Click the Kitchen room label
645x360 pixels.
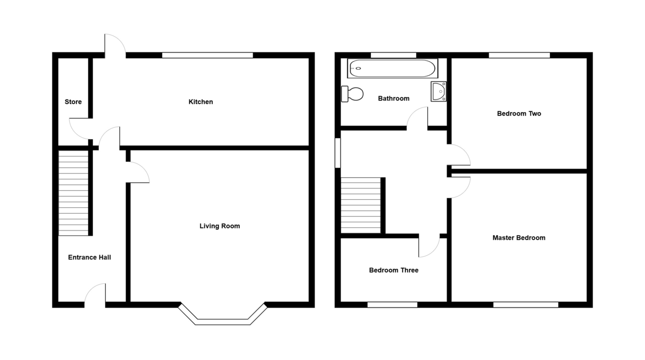[x=200, y=102]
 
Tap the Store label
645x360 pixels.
[x=73, y=102]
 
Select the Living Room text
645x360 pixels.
[x=220, y=226]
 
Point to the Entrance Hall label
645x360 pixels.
[x=90, y=257]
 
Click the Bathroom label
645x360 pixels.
[x=393, y=98]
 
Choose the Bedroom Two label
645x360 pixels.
[x=519, y=113]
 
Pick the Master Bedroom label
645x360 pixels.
[x=519, y=237]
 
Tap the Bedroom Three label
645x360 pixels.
[x=393, y=270]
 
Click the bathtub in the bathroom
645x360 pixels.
[x=392, y=68]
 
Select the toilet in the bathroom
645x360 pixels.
[x=353, y=94]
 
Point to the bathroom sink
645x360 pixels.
[x=439, y=91]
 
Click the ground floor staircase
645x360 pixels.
[x=73, y=192]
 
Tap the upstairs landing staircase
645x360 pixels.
[x=361, y=205]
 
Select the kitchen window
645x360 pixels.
[x=207, y=55]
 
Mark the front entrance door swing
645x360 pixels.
[x=96, y=294]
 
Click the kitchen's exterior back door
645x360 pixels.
[x=114, y=45]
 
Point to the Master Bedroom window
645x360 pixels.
[x=526, y=305]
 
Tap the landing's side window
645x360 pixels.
[x=338, y=153]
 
